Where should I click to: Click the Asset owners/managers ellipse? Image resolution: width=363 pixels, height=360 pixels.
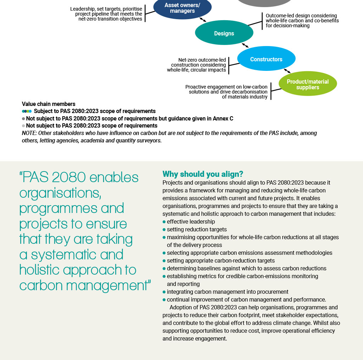tap(182, 8)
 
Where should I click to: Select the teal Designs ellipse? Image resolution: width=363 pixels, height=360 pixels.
tap(224, 33)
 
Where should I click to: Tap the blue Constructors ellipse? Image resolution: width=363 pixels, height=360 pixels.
tap(266, 59)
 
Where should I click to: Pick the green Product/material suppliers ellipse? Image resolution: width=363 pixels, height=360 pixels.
tap(307, 84)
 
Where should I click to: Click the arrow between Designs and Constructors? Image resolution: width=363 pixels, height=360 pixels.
tap(245, 46)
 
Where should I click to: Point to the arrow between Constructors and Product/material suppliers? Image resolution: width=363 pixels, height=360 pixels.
tap(287, 71)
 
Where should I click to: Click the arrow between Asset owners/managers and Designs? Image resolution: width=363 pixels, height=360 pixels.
tap(203, 20)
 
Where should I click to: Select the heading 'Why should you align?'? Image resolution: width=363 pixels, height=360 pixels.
tap(203, 174)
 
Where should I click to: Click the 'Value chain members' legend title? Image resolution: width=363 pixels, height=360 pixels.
tap(49, 104)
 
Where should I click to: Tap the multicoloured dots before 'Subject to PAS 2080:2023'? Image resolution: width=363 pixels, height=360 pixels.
tap(27, 111)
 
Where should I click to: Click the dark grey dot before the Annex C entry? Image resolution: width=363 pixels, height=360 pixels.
tap(23, 119)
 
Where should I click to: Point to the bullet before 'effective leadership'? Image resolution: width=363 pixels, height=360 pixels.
tap(164, 222)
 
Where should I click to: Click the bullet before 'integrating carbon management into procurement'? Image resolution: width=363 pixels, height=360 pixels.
tap(164, 292)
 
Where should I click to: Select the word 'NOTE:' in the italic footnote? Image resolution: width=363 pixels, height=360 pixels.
tap(29, 133)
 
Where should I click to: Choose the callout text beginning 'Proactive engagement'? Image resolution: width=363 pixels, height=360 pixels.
tap(227, 92)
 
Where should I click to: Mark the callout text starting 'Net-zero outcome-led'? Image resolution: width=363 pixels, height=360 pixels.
tap(197, 65)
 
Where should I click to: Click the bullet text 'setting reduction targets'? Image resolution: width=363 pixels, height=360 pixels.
tap(197, 230)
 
